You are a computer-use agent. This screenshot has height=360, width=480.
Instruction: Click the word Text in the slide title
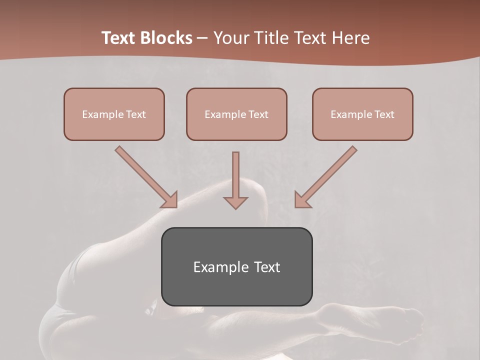(x=119, y=38)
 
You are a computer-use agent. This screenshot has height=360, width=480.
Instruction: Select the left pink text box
(x=114, y=114)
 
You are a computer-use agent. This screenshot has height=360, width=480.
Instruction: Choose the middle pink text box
(x=236, y=114)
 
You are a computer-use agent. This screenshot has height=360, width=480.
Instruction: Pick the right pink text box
(x=362, y=114)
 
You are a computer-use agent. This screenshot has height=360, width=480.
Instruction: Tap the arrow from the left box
(x=145, y=176)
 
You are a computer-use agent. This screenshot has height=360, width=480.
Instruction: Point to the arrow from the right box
(x=327, y=176)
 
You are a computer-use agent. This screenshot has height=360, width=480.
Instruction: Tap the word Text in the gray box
(x=267, y=267)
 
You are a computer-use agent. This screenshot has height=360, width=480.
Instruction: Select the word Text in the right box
(x=384, y=114)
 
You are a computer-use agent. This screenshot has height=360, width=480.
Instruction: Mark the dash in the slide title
(x=202, y=38)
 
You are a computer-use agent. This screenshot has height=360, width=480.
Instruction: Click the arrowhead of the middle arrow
(x=235, y=202)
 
